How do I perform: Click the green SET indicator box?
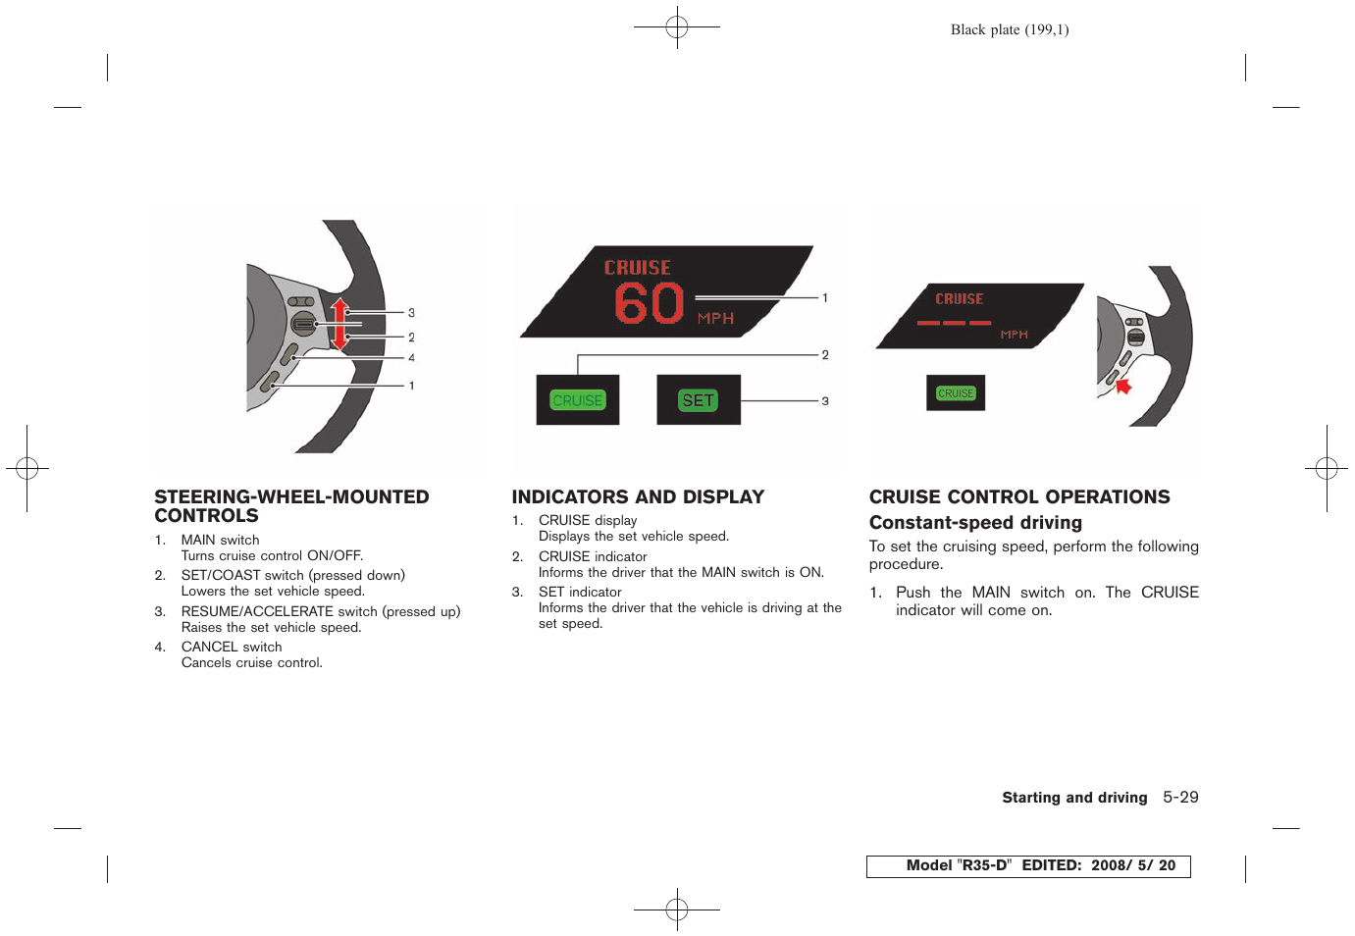tap(698, 400)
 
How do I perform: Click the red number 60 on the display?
tap(649, 303)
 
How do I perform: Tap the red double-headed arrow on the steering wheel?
tap(339, 324)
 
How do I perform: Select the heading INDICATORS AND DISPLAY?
tap(638, 497)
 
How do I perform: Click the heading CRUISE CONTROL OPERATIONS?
tap(1019, 497)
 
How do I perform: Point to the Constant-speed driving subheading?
tap(975, 523)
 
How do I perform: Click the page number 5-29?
tap(1180, 798)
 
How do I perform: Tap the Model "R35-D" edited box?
tap(1028, 866)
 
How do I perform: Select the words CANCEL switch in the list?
tap(232, 647)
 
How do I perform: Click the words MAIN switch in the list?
tap(220, 540)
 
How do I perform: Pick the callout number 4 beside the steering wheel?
tap(411, 358)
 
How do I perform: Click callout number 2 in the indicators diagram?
tap(825, 355)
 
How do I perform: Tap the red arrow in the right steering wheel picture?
tap(1123, 386)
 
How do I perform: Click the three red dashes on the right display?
tap(954, 323)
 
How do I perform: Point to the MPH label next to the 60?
tap(715, 319)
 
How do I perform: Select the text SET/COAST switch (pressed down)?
tap(292, 575)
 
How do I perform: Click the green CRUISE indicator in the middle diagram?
tap(578, 400)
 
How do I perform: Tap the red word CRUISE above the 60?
tap(638, 268)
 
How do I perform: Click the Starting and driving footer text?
tap(1074, 798)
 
